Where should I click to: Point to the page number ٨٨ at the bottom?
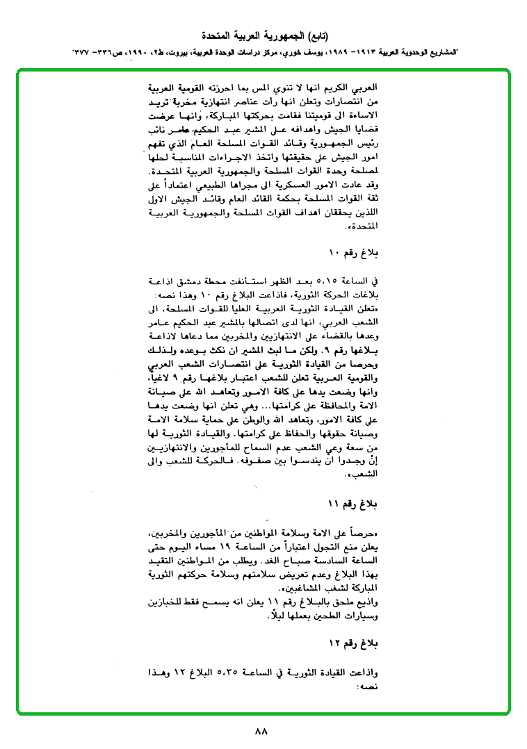point(262,731)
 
